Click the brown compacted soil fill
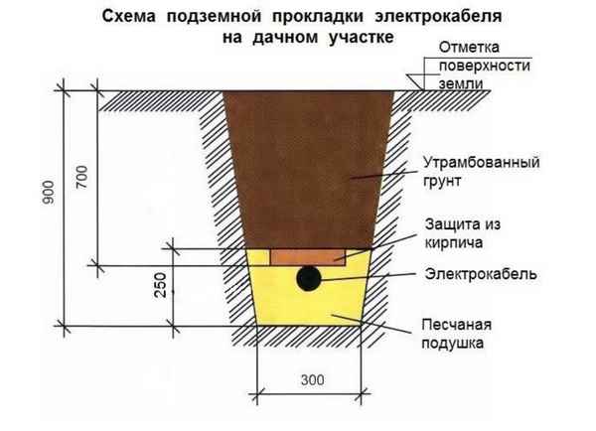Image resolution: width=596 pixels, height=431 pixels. point(308,169)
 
